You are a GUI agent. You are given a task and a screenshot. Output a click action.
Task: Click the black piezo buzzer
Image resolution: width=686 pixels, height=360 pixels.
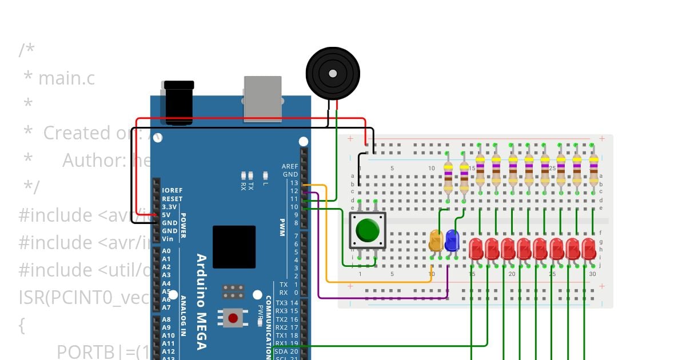tap(333, 73)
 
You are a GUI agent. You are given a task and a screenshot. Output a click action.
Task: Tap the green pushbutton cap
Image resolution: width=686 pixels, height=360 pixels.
tap(367, 230)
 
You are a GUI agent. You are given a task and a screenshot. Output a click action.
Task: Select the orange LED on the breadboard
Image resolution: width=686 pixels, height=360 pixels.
tap(436, 241)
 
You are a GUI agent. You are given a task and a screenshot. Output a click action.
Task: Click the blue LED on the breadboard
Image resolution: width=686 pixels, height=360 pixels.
tap(452, 241)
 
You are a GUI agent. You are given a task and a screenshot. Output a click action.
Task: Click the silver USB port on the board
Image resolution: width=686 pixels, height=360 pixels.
tap(262, 98)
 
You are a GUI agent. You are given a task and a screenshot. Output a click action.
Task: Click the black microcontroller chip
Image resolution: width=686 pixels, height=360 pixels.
tap(234, 247)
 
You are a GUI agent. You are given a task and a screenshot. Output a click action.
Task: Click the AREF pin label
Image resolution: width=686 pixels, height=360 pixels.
tap(290, 166)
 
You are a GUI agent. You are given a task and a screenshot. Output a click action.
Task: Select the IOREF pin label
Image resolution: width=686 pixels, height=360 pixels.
tap(172, 190)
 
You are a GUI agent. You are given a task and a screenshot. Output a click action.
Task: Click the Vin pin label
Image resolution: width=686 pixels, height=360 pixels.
tap(167, 239)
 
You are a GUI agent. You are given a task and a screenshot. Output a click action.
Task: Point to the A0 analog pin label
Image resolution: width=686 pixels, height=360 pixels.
tap(166, 251)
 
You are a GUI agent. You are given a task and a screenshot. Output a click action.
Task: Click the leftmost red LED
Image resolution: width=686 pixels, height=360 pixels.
tap(476, 249)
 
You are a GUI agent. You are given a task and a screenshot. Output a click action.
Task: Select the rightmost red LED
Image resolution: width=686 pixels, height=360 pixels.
tap(588, 249)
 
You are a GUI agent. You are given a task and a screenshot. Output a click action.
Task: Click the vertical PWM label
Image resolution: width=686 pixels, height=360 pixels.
tap(282, 222)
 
